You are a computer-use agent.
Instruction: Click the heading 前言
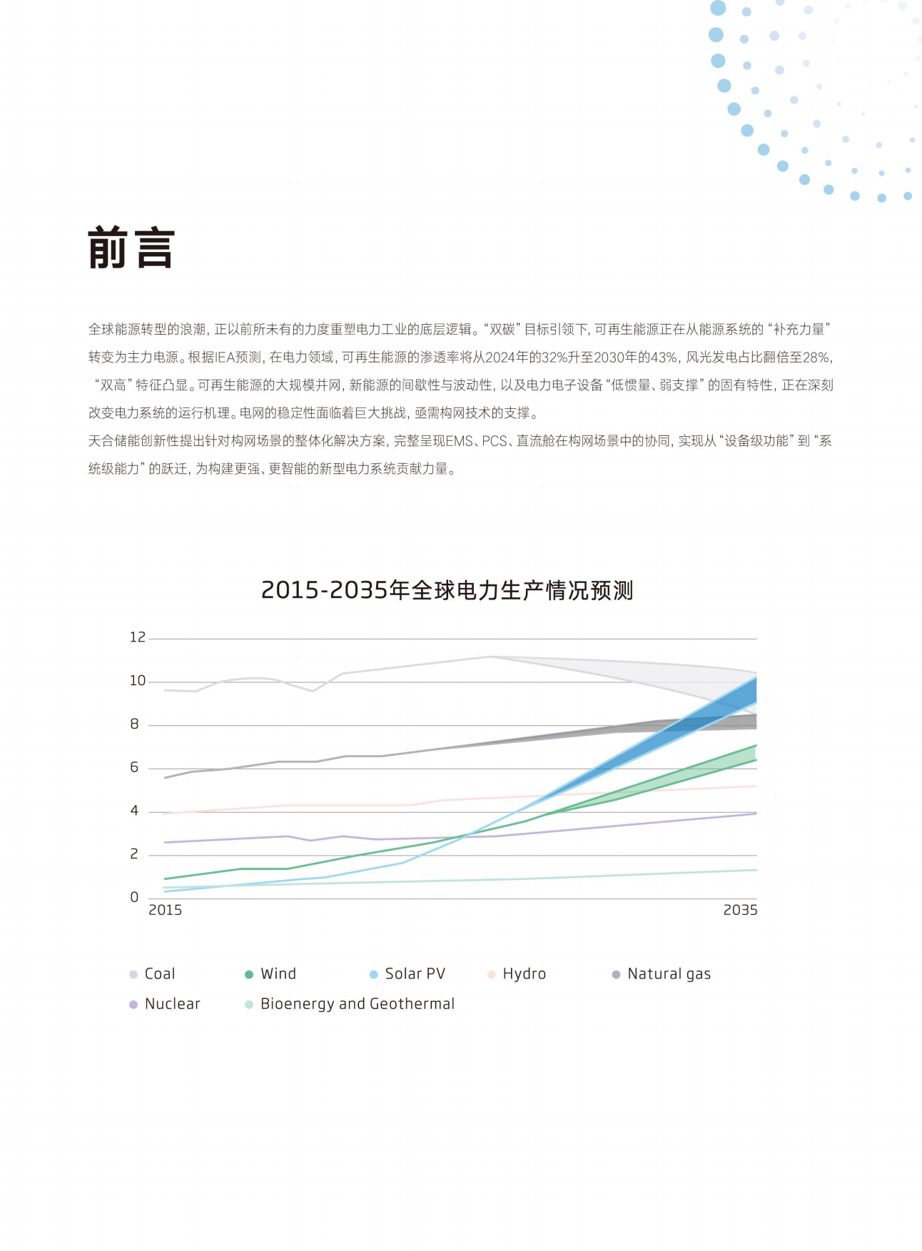(x=131, y=248)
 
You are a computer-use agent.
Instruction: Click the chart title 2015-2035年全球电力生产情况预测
(x=447, y=591)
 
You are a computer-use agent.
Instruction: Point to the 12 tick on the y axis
(x=137, y=637)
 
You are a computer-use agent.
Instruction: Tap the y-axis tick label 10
(x=137, y=681)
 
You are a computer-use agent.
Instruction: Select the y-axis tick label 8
(x=134, y=724)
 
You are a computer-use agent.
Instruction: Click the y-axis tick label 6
(x=134, y=768)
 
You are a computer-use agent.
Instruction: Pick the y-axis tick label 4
(x=134, y=811)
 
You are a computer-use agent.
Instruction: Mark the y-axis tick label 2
(x=134, y=854)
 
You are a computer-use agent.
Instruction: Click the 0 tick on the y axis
(x=134, y=898)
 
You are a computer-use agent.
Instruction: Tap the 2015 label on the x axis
(x=165, y=911)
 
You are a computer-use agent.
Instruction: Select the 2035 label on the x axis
(x=740, y=911)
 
